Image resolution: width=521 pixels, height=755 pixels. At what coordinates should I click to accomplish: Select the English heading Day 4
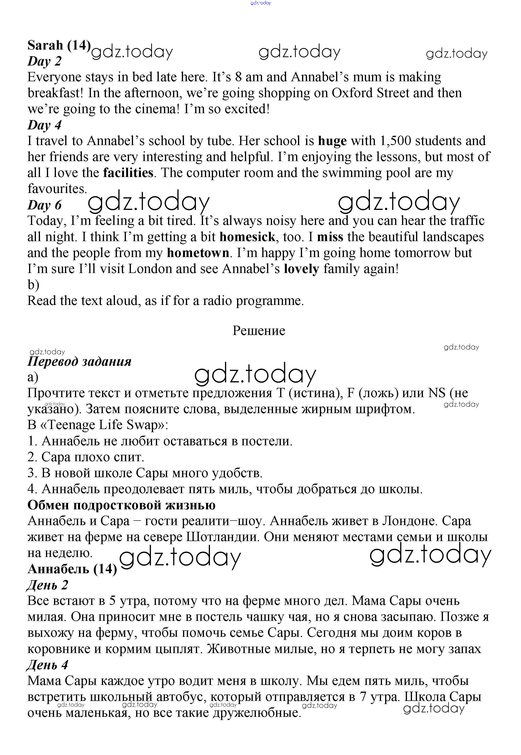(45, 125)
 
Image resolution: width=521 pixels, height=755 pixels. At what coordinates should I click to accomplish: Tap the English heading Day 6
(45, 205)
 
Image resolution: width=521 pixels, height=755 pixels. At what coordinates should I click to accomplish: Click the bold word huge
(332, 141)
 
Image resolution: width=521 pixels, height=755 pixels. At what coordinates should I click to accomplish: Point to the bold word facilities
(128, 173)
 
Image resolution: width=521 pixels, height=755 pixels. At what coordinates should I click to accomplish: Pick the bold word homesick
(247, 237)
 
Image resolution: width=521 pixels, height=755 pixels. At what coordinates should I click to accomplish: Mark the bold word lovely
(301, 269)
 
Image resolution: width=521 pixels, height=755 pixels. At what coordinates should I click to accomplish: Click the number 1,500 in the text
(395, 141)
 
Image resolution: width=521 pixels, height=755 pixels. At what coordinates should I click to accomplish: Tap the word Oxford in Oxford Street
(352, 93)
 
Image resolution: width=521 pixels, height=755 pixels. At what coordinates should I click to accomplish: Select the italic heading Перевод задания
(79, 361)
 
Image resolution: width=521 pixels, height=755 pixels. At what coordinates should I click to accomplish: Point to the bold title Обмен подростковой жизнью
(121, 505)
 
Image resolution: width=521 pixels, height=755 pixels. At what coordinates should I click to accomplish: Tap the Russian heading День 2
(47, 585)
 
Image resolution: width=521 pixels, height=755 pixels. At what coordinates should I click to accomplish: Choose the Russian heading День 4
(47, 665)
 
